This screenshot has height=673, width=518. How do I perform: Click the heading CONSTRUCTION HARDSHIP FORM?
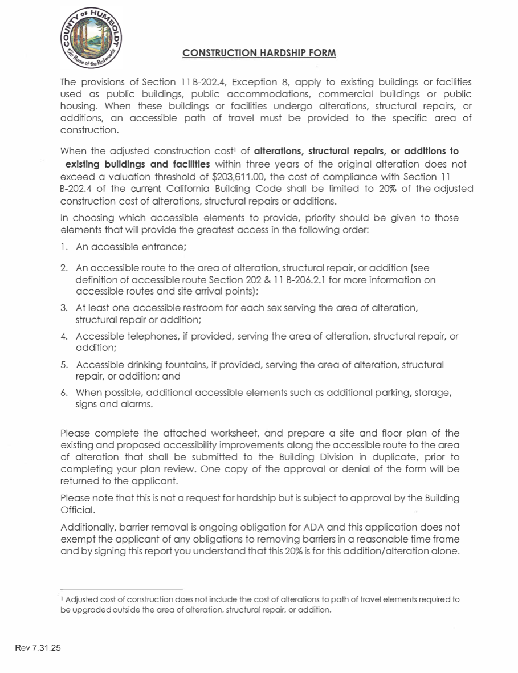coord(259,53)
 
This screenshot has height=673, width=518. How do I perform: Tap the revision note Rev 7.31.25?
coord(38,648)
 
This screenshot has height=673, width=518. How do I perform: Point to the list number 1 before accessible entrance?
coord(64,247)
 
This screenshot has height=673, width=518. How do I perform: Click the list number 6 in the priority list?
coord(64,393)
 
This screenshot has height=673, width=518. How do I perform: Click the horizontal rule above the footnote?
coord(121,589)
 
